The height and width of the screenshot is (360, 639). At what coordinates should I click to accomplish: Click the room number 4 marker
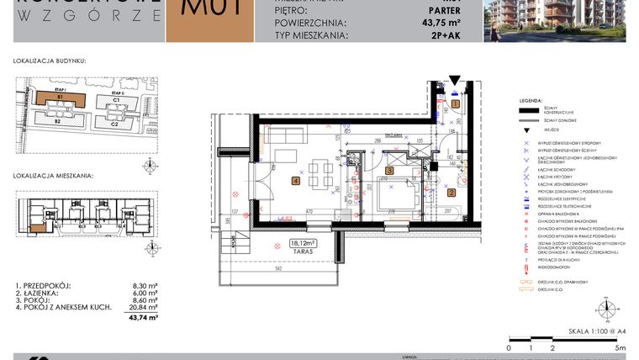click(x=295, y=180)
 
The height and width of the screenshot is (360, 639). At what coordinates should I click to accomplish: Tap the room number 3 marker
click(x=389, y=171)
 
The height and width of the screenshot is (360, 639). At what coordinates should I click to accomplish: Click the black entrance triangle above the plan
click(x=454, y=82)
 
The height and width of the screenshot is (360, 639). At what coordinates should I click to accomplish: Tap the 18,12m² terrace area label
click(x=301, y=243)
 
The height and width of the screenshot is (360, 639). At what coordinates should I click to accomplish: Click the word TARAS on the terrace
click(x=301, y=251)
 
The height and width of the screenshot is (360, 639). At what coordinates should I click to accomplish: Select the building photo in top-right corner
click(x=562, y=20)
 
